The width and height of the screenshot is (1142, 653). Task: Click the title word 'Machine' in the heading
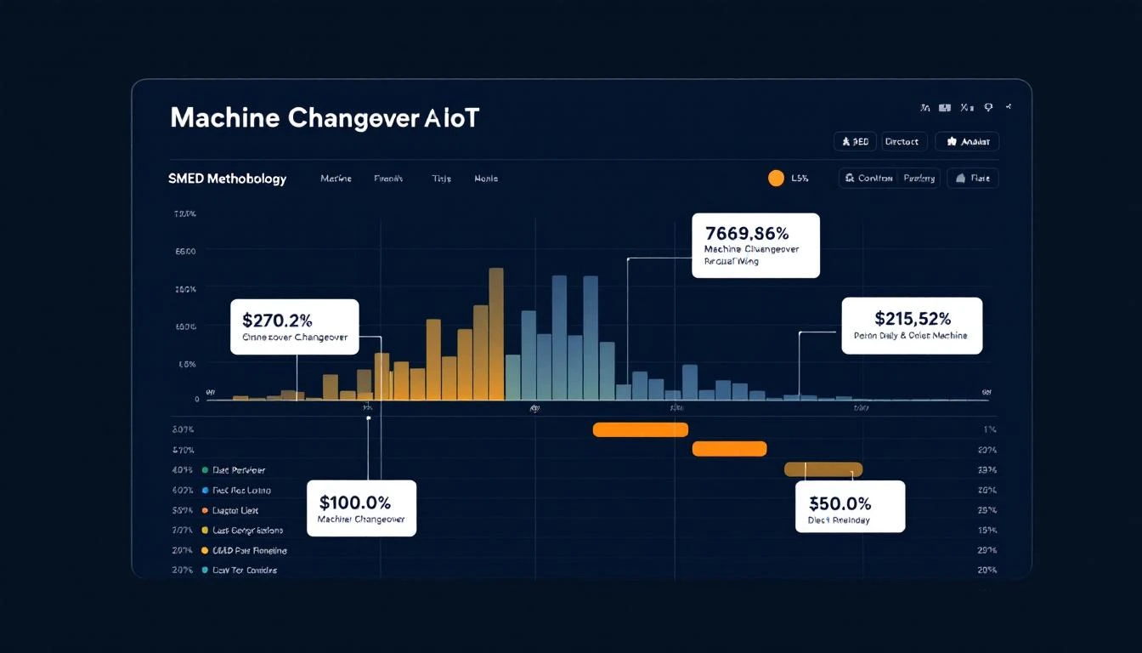pyautogui.click(x=224, y=118)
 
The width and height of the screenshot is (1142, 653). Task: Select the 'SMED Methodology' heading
pyautogui.click(x=228, y=179)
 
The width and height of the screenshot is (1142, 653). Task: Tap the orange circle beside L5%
pyautogui.click(x=776, y=178)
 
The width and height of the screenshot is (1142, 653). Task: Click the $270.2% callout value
pyautogui.click(x=277, y=321)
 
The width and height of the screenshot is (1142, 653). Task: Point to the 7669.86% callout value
pyautogui.click(x=747, y=232)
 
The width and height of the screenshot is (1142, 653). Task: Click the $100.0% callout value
pyautogui.click(x=354, y=501)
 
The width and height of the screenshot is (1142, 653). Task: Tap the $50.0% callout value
pyautogui.click(x=840, y=503)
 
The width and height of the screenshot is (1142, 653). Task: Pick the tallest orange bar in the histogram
pyautogui.click(x=496, y=333)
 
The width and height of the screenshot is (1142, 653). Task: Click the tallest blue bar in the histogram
pyautogui.click(x=559, y=337)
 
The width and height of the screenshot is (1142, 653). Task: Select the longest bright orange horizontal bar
pyautogui.click(x=640, y=429)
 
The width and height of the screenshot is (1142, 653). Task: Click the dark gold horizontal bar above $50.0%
pyautogui.click(x=823, y=469)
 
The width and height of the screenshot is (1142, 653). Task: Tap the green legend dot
pyautogui.click(x=205, y=470)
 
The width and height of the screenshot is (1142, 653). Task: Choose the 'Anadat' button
pyautogui.click(x=967, y=142)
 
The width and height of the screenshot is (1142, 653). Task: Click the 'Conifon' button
pyautogui.click(x=868, y=178)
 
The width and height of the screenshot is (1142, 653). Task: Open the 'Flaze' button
pyautogui.click(x=972, y=178)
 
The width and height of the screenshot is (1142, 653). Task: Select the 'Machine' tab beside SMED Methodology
pyautogui.click(x=336, y=179)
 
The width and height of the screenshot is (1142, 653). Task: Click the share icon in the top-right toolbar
pyautogui.click(x=1009, y=108)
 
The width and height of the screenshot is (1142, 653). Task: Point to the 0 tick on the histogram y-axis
pyautogui.click(x=197, y=399)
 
